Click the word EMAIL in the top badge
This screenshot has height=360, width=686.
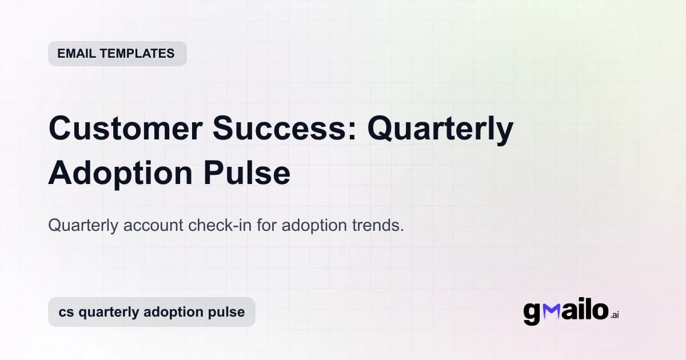77,54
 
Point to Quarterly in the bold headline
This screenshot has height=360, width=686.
440,131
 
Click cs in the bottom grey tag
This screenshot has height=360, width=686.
66,312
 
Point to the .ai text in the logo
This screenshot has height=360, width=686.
615,315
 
